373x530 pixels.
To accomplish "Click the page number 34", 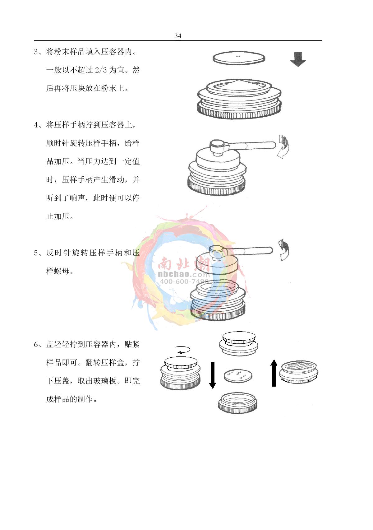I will [x=178, y=36].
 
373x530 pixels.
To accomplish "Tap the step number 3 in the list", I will [x=36, y=52].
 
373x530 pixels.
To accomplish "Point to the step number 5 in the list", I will [x=36, y=253].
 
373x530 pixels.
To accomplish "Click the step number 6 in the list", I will [x=36, y=345].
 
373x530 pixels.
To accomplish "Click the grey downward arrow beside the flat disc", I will [x=298, y=59].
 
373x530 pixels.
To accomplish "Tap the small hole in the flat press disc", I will [x=238, y=57].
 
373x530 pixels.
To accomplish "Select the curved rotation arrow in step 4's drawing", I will [x=283, y=146].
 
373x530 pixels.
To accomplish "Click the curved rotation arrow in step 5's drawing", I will [x=283, y=250].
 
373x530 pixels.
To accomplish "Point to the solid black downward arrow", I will [x=212, y=375].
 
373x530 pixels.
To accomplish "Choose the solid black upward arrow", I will [x=274, y=373].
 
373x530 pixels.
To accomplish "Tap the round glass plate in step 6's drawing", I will [x=238, y=375].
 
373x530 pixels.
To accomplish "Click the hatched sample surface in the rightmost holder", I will [x=299, y=366].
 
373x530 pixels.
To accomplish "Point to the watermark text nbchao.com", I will [x=183, y=274].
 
